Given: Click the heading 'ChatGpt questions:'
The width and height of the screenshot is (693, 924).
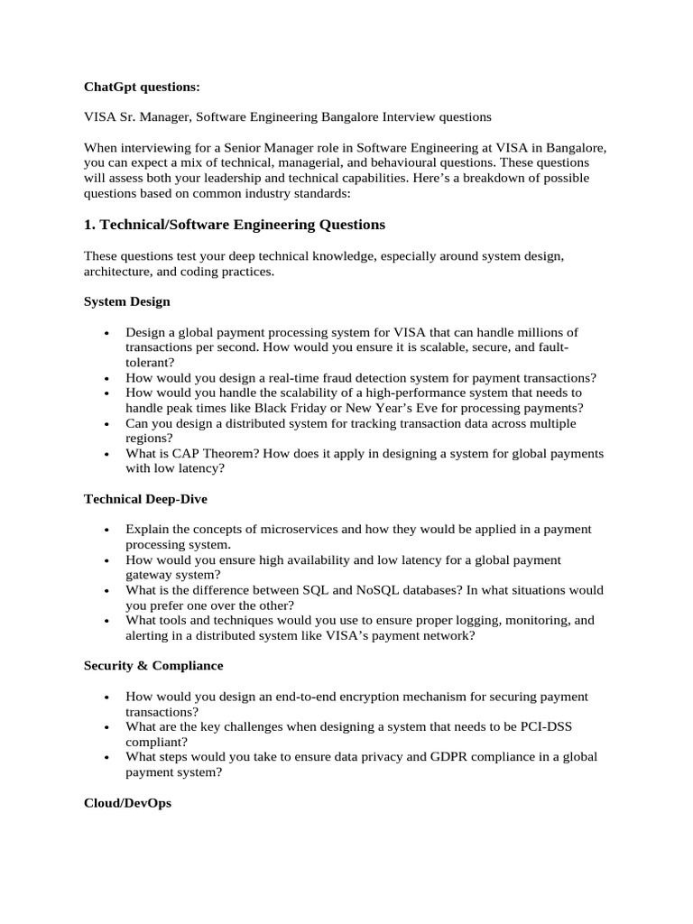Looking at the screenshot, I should pos(142,87).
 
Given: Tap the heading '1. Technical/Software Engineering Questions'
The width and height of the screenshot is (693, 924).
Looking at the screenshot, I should pos(235,225).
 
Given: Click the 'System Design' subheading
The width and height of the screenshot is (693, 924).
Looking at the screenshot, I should pos(126,301).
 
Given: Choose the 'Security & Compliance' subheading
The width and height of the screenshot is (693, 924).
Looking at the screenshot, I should pos(153,665).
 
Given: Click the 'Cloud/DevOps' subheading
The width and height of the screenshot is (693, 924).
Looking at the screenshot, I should pos(127,801).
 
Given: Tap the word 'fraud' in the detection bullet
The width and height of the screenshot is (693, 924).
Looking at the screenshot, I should pos(349,378).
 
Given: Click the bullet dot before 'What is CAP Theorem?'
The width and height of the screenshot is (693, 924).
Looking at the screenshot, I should pos(106,454).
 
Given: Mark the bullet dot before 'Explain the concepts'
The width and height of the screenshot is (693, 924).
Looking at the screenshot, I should pos(106,530).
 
